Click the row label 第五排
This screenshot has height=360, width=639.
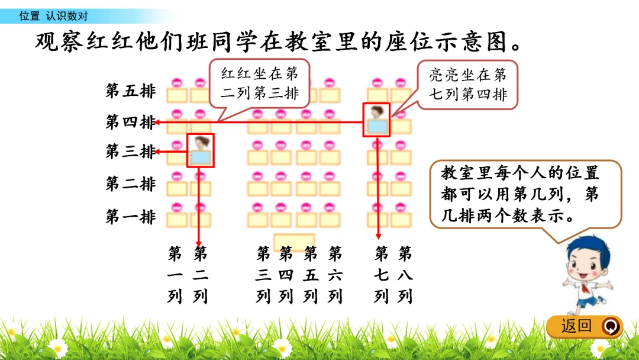(130, 91)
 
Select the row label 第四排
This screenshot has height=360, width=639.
(130, 123)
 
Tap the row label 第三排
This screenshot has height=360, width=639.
(130, 152)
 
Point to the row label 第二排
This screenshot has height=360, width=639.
(130, 184)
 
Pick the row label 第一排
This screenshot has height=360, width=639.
(130, 217)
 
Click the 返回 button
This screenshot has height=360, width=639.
(583, 326)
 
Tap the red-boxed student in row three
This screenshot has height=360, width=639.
(201, 150)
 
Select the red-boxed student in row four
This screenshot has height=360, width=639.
(376, 120)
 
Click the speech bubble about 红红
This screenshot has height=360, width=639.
(259, 84)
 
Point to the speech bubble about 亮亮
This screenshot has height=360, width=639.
(467, 84)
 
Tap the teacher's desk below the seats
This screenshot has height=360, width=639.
(294, 242)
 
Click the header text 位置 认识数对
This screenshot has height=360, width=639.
(53, 16)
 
